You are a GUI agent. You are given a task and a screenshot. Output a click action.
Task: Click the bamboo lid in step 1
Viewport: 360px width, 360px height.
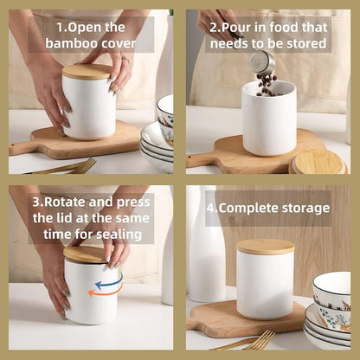[87, 72]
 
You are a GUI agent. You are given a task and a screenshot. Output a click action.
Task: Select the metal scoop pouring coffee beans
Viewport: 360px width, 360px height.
[262, 62]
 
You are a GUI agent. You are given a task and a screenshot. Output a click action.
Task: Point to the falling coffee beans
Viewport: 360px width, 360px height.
[267, 83]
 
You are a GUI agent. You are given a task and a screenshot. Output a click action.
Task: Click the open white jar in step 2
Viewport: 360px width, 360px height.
[267, 121]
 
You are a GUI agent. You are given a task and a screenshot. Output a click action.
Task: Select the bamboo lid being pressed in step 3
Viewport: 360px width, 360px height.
[86, 254]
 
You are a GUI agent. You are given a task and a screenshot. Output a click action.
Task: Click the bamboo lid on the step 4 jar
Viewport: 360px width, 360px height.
[266, 247]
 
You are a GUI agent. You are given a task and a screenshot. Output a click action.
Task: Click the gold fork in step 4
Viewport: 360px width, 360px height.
[251, 340]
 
